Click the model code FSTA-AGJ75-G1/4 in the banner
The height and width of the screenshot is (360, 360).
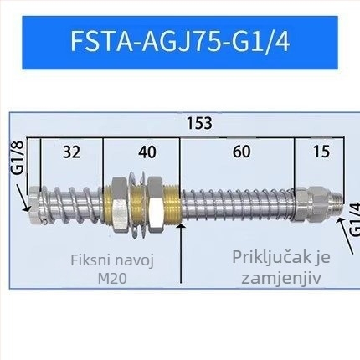pos(180,41)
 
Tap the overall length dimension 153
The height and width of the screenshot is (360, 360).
pos(199,123)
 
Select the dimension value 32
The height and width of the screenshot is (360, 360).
pos(71,152)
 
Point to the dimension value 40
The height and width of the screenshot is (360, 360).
pos(147,152)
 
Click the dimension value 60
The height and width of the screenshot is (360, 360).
pos(242,152)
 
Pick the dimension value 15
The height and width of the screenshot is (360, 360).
pos(321,152)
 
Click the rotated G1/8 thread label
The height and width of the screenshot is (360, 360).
pos(18,157)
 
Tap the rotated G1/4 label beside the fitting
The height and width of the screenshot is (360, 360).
pos(354,219)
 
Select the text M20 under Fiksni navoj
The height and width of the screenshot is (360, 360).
pos(112,278)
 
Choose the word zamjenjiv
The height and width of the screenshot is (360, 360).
pos(281,278)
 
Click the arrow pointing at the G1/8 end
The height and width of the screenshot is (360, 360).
pos(23,198)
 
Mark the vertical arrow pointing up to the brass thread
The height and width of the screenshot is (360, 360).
pos(182,253)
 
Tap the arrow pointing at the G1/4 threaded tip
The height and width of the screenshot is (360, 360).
pos(346,235)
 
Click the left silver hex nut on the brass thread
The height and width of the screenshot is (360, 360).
pos(119,205)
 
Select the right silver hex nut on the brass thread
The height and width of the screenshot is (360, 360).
pos(156,204)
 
